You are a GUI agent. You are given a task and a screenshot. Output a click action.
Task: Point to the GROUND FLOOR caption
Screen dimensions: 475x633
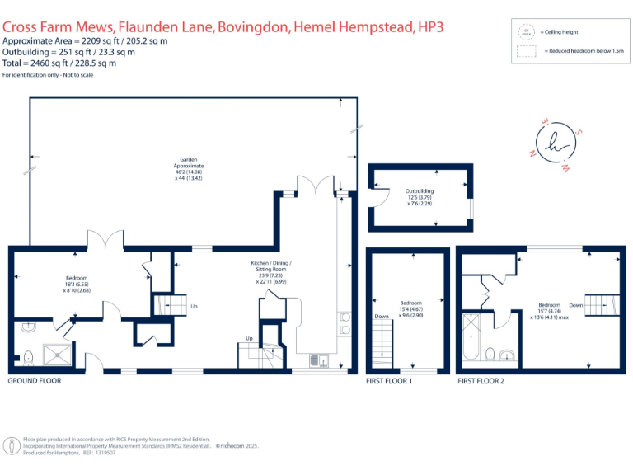[x=34, y=381]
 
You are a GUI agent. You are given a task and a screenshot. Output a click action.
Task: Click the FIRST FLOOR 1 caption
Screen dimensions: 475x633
[x=389, y=381]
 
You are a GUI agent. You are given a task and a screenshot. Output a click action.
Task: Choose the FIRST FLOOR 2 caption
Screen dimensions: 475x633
[x=480, y=381]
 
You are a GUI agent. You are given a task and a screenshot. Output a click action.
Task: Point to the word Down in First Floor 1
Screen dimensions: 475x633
[x=382, y=316]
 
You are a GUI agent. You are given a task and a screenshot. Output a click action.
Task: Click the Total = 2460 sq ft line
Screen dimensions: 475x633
[x=59, y=63]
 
